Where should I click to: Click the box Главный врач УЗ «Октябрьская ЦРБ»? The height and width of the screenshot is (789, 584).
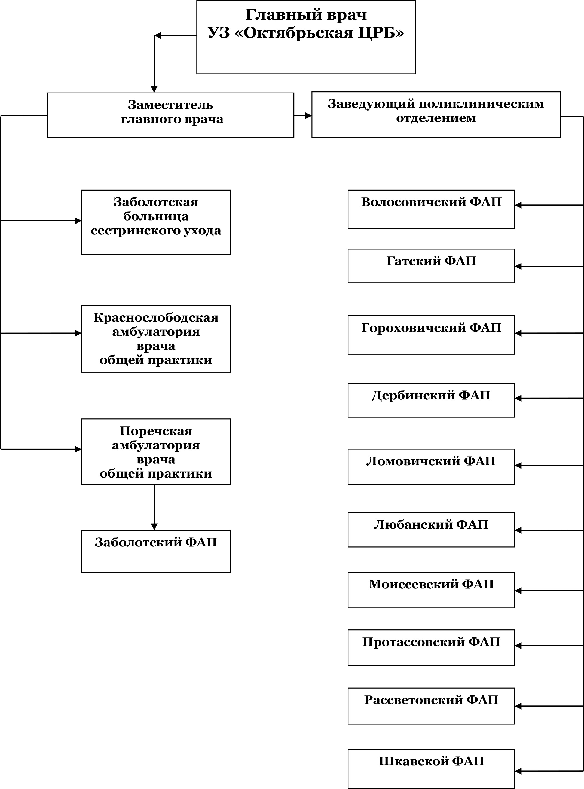(x=306, y=37)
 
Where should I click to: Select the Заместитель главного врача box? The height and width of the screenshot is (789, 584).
(x=170, y=115)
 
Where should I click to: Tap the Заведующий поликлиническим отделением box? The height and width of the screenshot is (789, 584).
(x=436, y=115)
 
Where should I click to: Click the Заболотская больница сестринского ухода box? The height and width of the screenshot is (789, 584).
(x=156, y=222)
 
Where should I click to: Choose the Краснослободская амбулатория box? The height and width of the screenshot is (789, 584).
(x=156, y=339)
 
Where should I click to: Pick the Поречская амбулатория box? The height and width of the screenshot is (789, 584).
(x=156, y=452)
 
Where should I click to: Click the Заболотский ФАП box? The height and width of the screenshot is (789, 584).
(x=156, y=551)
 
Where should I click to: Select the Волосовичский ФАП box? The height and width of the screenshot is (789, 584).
(x=431, y=209)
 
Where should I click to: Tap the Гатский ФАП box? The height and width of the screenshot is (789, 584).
(x=431, y=266)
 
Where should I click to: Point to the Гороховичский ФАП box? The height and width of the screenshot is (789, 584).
(x=431, y=335)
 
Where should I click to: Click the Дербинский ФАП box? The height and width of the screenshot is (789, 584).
(x=431, y=400)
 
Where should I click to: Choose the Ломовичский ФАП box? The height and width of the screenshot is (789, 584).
(x=431, y=467)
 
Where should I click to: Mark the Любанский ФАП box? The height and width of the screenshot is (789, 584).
(x=431, y=530)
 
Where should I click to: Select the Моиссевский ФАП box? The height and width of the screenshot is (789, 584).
(x=431, y=590)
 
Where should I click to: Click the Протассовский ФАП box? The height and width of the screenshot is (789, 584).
(x=431, y=647)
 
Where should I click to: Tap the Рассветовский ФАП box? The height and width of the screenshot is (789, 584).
(x=431, y=706)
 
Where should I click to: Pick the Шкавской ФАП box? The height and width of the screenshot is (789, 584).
(x=431, y=769)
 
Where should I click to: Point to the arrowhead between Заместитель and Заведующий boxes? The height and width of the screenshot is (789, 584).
(x=308, y=115)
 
